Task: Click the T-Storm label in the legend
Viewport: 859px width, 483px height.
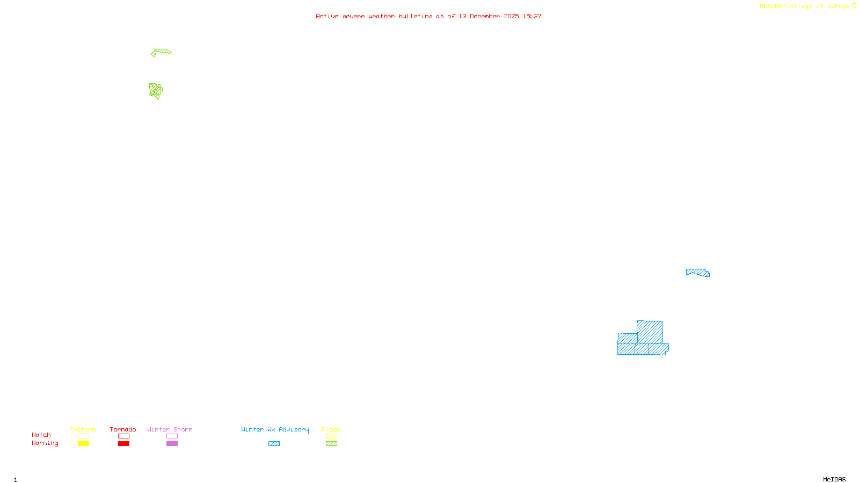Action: pyautogui.click(x=83, y=429)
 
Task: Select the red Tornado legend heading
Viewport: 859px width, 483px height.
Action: pyautogui.click(x=123, y=429)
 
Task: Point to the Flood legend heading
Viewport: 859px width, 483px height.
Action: pyautogui.click(x=331, y=429)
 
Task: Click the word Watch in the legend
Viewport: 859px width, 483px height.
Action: pyautogui.click(x=41, y=435)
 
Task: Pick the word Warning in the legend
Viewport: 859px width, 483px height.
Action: pyautogui.click(x=45, y=443)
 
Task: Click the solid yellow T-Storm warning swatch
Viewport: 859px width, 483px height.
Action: pyautogui.click(x=83, y=444)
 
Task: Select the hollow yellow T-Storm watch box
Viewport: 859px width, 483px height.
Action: pyautogui.click(x=83, y=436)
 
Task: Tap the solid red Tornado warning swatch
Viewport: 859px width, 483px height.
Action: pyautogui.click(x=124, y=444)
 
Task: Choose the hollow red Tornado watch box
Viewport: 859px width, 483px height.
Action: pyautogui.click(x=124, y=436)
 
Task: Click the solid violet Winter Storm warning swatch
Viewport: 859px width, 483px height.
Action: pyautogui.click(x=172, y=444)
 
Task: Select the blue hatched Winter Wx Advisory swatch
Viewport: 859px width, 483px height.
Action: pyautogui.click(x=274, y=444)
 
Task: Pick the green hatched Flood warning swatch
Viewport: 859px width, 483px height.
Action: pyautogui.click(x=331, y=444)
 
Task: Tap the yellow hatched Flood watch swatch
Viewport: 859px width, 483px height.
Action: pyautogui.click(x=331, y=436)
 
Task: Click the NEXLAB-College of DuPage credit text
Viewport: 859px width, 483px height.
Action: pyautogui.click(x=805, y=6)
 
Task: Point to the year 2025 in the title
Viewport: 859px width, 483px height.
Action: pyautogui.click(x=511, y=16)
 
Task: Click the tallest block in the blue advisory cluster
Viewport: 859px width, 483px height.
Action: pyautogui.click(x=650, y=331)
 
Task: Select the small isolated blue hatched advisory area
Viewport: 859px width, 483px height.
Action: pyautogui.click(x=698, y=273)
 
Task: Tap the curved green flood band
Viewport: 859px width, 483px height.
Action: pyautogui.click(x=162, y=52)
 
